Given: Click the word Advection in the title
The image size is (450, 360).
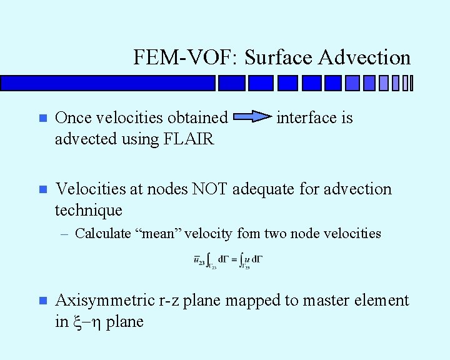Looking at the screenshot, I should pos(364,57).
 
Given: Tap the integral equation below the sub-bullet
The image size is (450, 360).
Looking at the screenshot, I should pos(227,261).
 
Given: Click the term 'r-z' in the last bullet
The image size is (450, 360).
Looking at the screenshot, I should pos(172,301).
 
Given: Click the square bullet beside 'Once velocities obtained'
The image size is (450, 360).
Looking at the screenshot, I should pos(42,118).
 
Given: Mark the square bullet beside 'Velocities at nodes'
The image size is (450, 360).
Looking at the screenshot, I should pos(42,189).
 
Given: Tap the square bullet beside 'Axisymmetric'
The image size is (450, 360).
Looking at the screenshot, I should pos(42,301).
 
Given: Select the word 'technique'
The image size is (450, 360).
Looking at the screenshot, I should pos(89,210).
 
